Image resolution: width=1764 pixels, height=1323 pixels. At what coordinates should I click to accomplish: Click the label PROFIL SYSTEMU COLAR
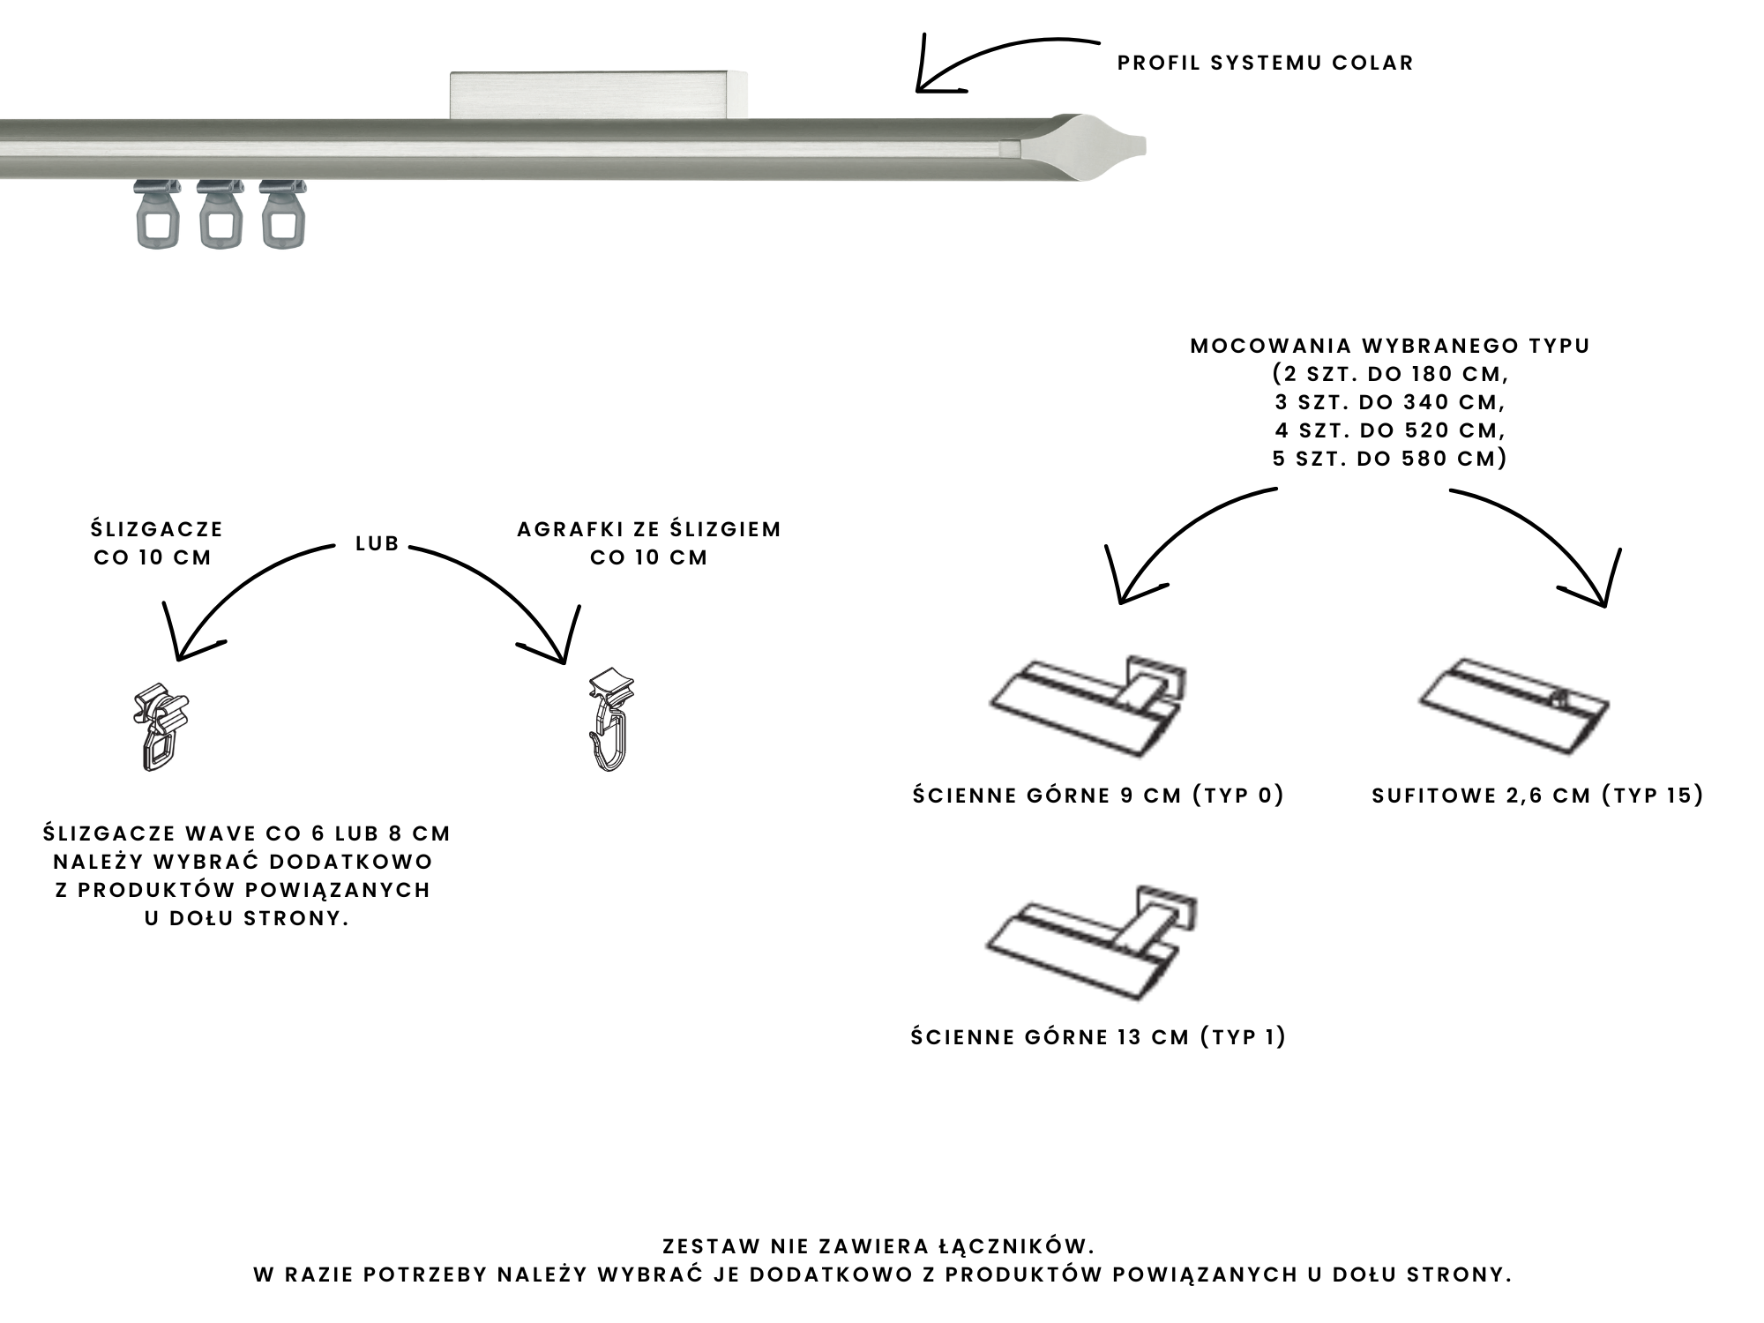1265,63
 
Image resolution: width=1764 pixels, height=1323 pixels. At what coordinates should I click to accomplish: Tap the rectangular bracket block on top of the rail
598,94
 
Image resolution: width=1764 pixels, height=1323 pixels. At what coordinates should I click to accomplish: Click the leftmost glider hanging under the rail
158,213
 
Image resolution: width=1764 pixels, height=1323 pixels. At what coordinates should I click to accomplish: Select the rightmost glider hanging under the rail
283,213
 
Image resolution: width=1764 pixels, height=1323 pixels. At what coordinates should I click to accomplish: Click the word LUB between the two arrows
377,543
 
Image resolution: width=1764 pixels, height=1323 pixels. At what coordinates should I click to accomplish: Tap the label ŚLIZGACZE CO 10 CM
155,542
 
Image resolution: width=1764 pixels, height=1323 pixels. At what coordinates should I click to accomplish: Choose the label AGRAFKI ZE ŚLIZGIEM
649,529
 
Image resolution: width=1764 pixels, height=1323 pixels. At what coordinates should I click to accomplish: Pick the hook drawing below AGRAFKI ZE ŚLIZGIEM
611,720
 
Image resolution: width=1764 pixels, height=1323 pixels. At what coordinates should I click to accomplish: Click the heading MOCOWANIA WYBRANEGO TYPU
1390,346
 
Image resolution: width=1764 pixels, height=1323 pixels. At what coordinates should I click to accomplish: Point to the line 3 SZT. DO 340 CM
1390,402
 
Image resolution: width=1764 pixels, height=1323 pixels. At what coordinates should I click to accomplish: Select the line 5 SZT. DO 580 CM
1390,459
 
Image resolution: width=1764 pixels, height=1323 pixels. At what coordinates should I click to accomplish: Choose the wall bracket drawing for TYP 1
1092,942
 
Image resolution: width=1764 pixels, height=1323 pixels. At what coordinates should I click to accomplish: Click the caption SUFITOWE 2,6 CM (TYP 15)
1537,796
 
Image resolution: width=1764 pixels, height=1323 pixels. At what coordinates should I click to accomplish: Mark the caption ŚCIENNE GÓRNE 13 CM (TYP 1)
1098,1036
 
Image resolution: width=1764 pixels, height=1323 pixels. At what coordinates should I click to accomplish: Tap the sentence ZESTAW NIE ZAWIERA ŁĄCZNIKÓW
878,1246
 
